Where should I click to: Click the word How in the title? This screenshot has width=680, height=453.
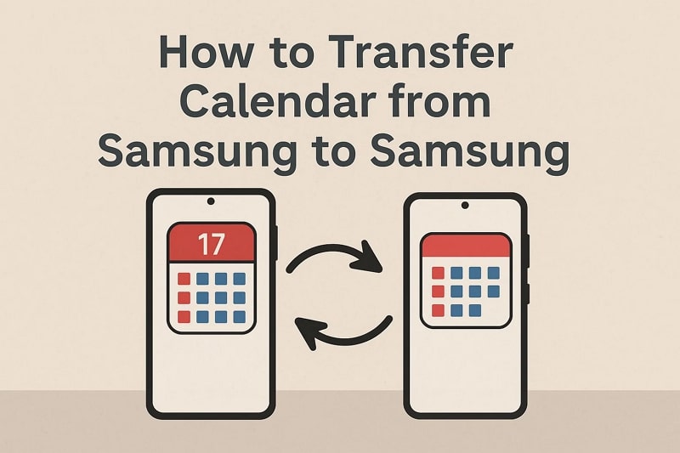pyautogui.click(x=206, y=52)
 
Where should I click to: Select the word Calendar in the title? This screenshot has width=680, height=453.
pyautogui.click(x=278, y=101)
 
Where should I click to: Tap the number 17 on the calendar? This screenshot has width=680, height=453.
pyautogui.click(x=211, y=244)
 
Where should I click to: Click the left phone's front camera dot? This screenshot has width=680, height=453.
pyautogui.click(x=211, y=201)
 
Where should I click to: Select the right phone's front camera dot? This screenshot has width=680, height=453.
pyautogui.click(x=465, y=205)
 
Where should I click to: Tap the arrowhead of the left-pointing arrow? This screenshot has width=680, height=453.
pyautogui.click(x=309, y=331)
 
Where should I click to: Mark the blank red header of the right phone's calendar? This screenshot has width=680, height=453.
pyautogui.click(x=466, y=246)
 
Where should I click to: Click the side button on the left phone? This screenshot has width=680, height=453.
pyautogui.click(x=276, y=243)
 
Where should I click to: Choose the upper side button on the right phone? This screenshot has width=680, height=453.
pyautogui.click(x=528, y=252)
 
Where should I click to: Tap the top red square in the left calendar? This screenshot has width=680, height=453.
pyautogui.click(x=184, y=279)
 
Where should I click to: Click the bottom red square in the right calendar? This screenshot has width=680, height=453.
pyautogui.click(x=438, y=310)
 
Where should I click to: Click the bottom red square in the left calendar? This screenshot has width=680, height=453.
pyautogui.click(x=184, y=317)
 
